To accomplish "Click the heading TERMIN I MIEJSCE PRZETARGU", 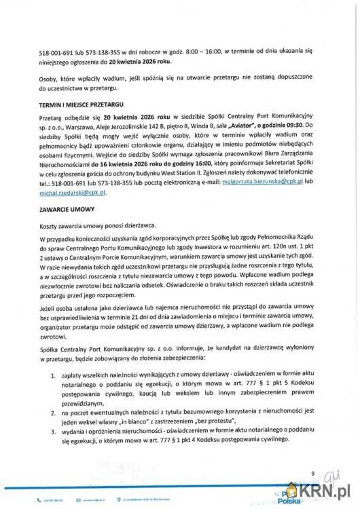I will coord(77,108).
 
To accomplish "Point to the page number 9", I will coord(313,473).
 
